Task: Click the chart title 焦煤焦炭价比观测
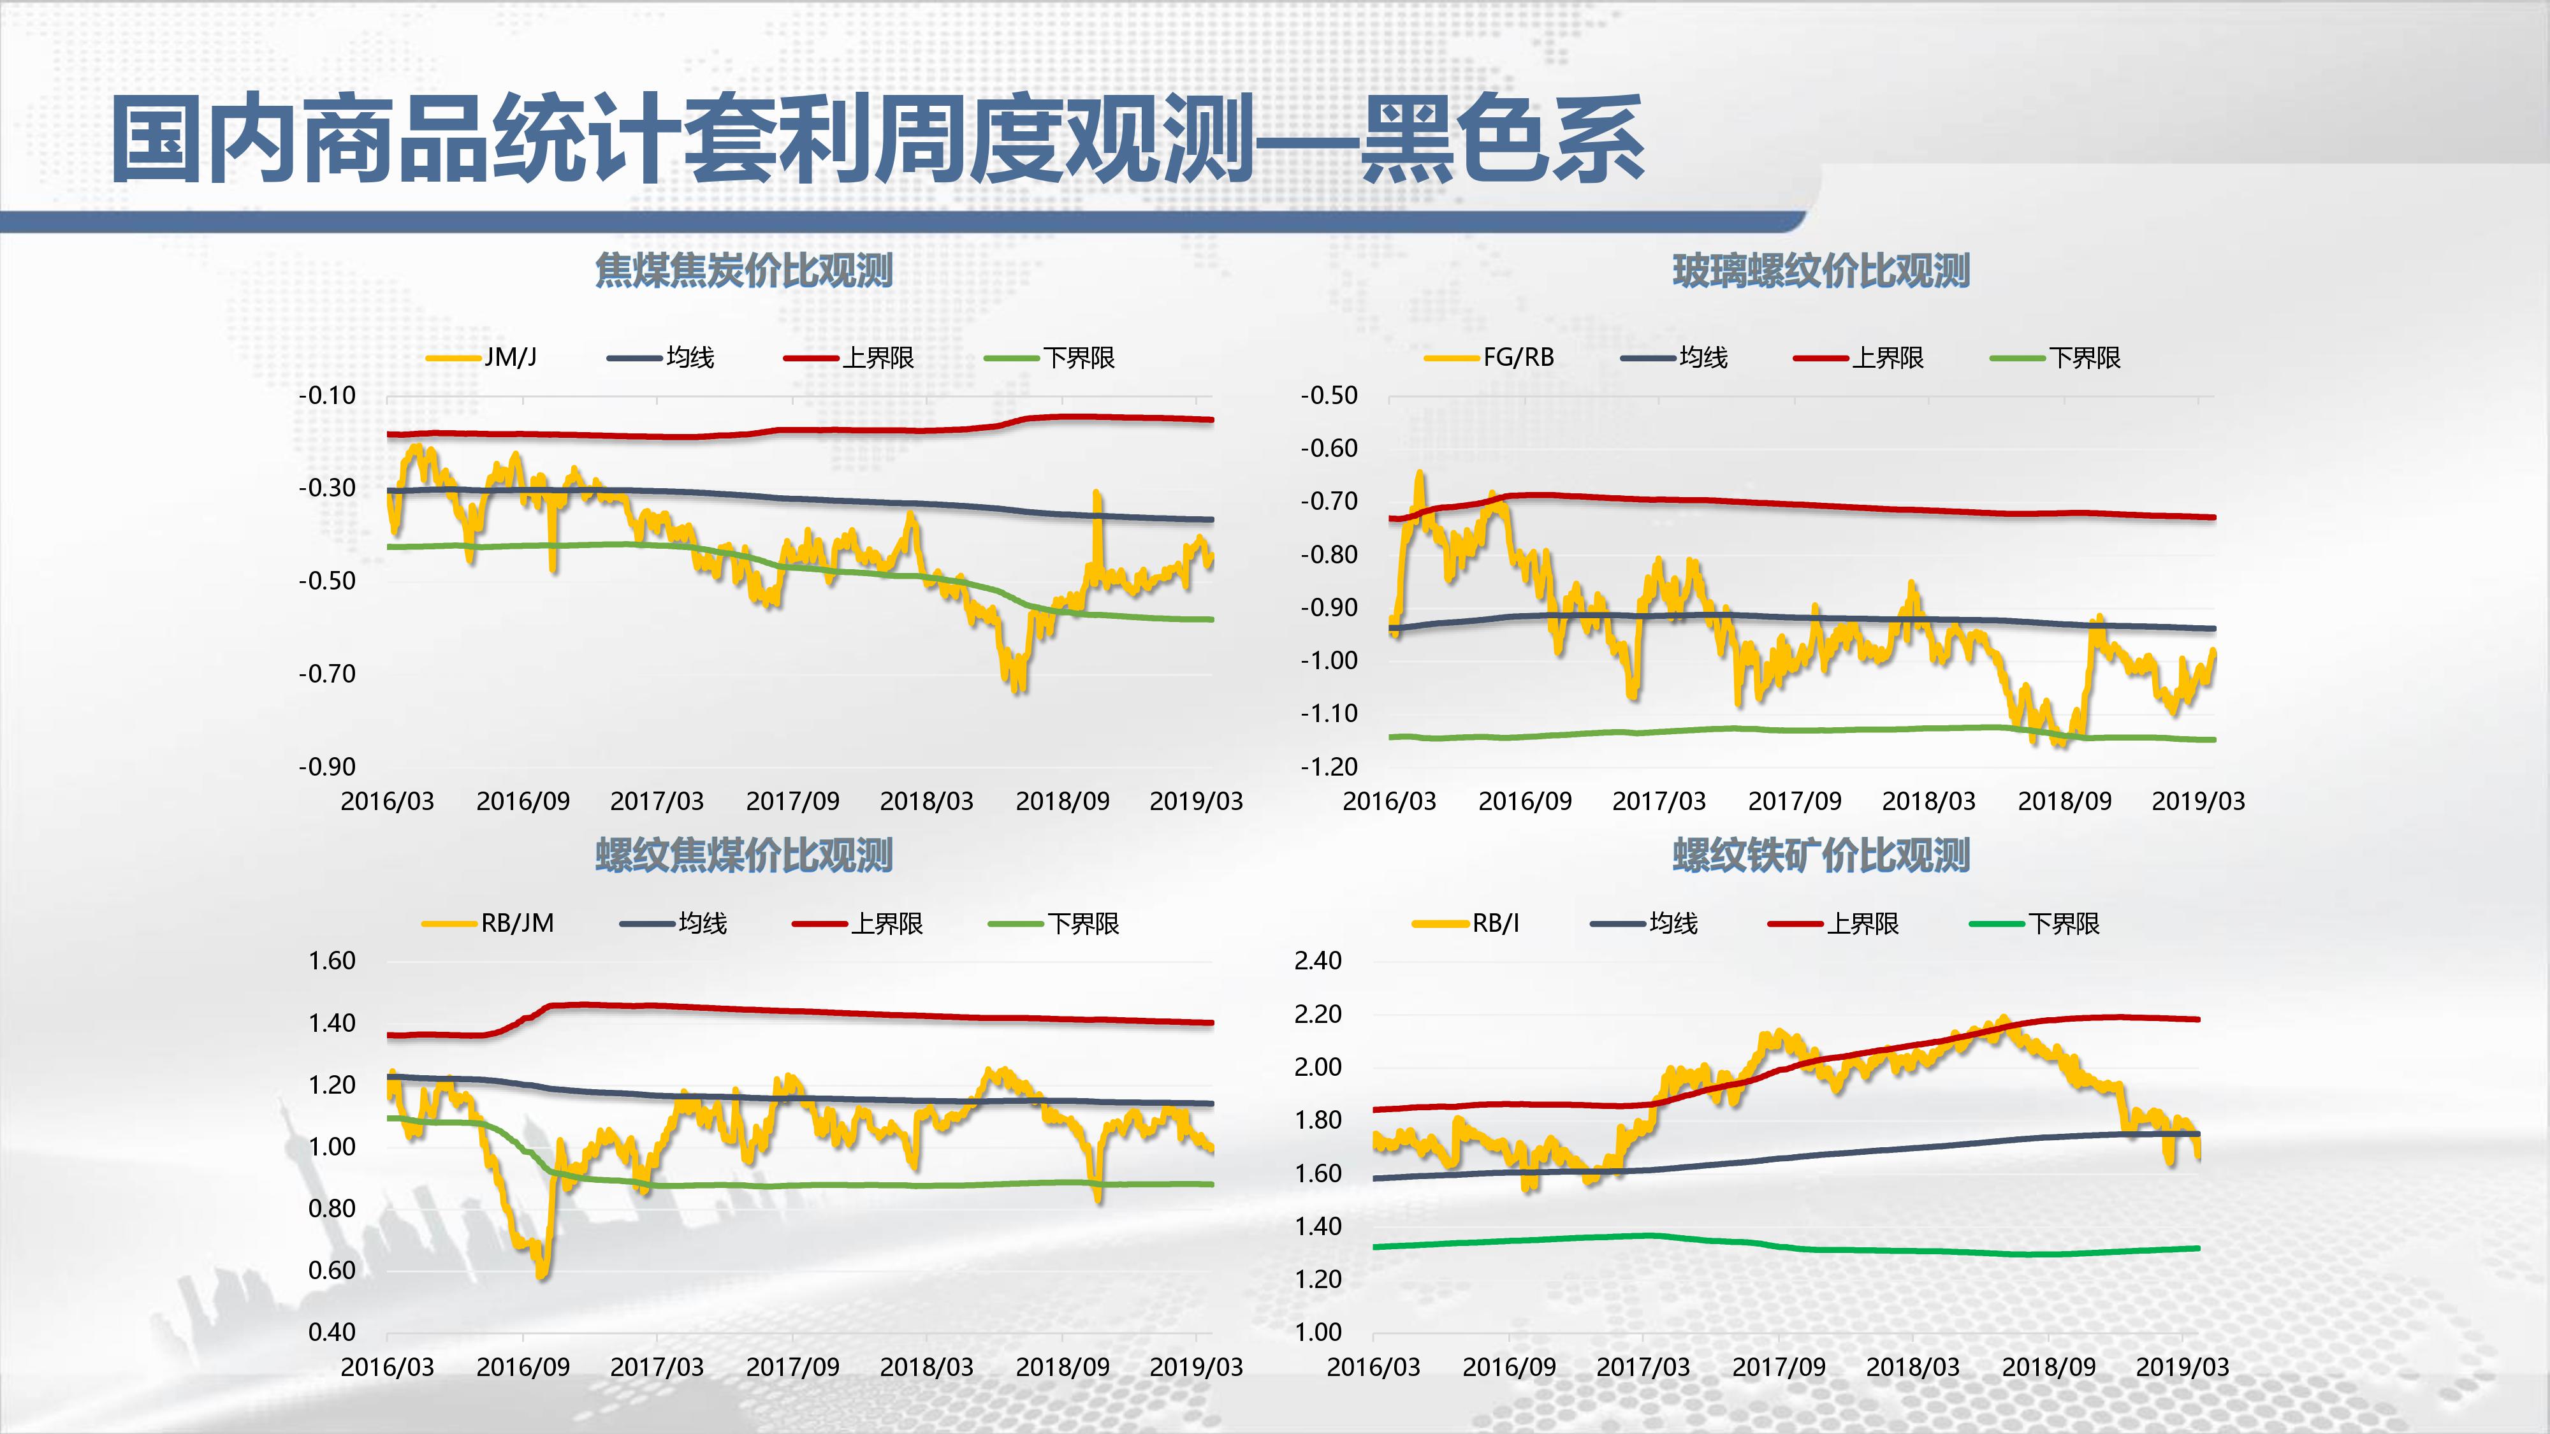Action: click(x=743, y=270)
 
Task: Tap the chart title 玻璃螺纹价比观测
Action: click(x=1821, y=270)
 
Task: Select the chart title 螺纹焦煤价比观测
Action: click(x=743, y=855)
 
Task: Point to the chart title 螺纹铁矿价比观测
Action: click(x=1821, y=855)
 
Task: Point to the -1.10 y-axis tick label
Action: click(x=1329, y=714)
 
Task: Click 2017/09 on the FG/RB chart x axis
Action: click(x=1794, y=800)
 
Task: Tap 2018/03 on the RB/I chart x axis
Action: click(x=1912, y=1366)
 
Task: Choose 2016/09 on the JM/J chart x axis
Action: click(x=523, y=800)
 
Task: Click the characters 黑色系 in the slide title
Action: click(x=1503, y=138)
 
